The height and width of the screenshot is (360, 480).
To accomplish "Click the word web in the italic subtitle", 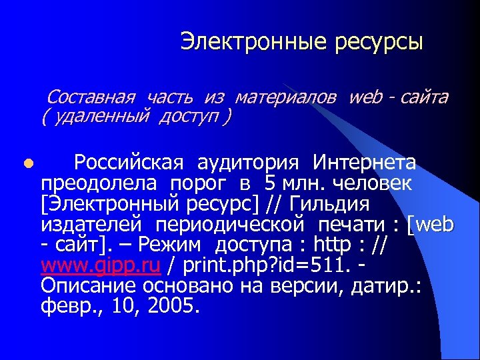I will coord(365,98).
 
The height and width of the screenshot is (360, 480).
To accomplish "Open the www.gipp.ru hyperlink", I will coord(101,266).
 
